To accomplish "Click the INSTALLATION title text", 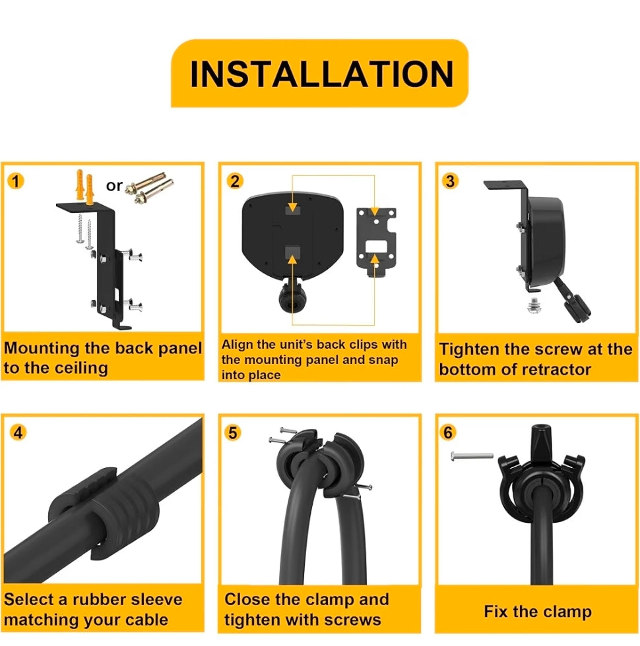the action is (x=322, y=74).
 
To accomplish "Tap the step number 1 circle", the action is (x=16, y=181).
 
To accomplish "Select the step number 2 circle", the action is (x=235, y=181).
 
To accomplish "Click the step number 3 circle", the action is (x=450, y=181).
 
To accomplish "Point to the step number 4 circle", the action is (x=18, y=432).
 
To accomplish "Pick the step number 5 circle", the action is (x=233, y=432).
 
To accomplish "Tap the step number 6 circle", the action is (x=448, y=432).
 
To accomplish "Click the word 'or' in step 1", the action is (x=114, y=186).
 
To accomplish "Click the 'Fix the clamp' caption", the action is (x=538, y=612).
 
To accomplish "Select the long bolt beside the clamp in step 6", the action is (x=472, y=455).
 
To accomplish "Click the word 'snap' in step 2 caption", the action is (x=383, y=360).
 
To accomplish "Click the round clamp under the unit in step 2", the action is (x=292, y=297).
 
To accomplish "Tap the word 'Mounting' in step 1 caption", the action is (x=42, y=349).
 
